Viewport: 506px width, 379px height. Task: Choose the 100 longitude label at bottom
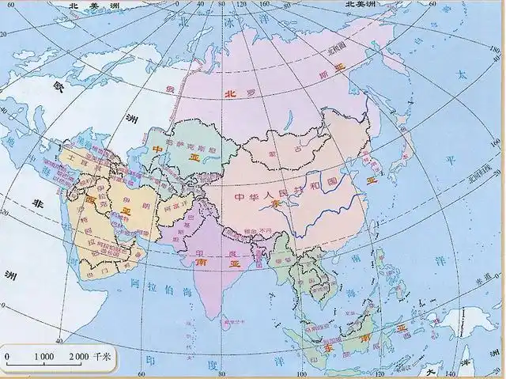[300, 373]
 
